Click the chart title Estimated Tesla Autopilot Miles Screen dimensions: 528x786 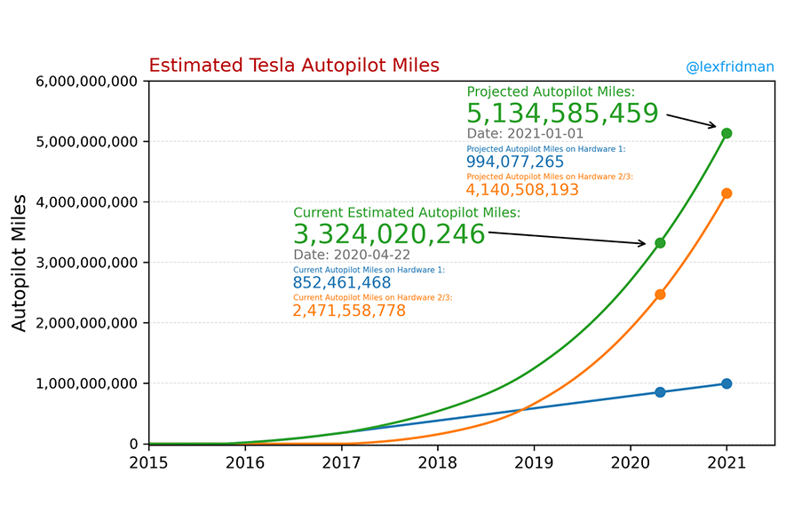click(293, 66)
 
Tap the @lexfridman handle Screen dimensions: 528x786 click(729, 67)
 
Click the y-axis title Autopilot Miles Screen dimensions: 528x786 click(20, 263)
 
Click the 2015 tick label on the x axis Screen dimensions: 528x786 click(148, 461)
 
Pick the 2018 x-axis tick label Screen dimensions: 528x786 click(437, 461)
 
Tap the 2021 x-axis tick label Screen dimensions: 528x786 click(726, 461)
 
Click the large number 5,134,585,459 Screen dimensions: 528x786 click(562, 114)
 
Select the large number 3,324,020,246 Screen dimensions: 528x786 click(389, 234)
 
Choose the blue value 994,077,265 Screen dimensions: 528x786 click(515, 162)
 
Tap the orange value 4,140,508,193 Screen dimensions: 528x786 click(522, 190)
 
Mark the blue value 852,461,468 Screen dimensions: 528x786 click(341, 282)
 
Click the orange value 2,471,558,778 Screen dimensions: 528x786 click(349, 311)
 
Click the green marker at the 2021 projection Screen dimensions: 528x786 click(726, 133)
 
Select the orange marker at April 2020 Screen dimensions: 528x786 click(660, 295)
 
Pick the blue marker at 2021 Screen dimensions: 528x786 click(726, 383)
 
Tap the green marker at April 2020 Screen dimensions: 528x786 click(660, 243)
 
